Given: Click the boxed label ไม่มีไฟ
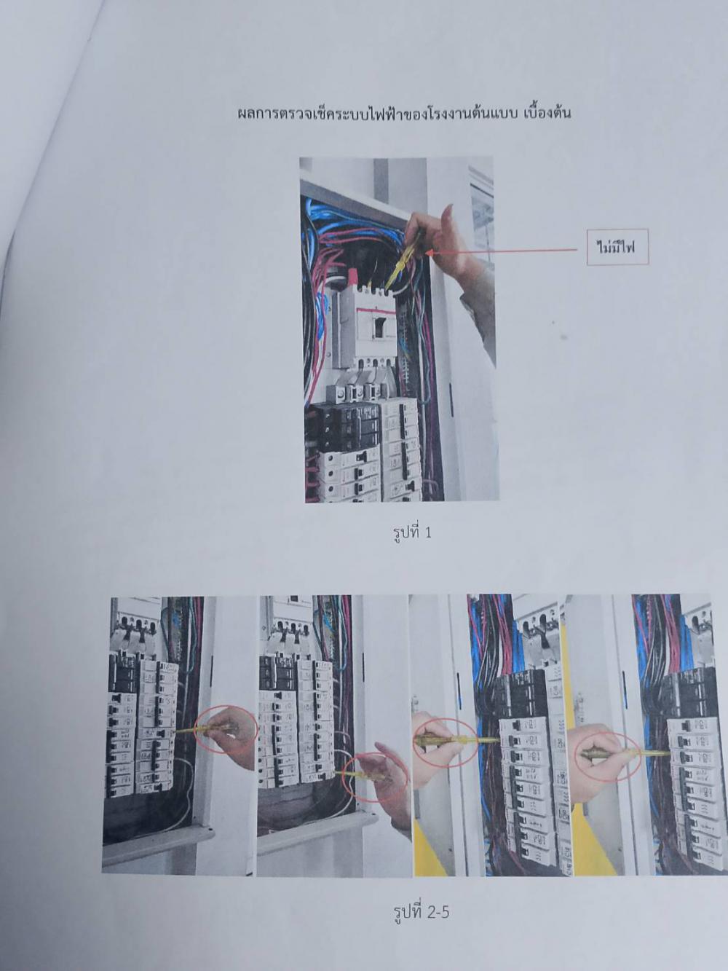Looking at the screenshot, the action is pyautogui.click(x=617, y=247).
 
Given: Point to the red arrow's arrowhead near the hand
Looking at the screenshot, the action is pyautogui.click(x=429, y=253).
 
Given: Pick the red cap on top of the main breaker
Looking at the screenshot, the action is pyautogui.click(x=353, y=277).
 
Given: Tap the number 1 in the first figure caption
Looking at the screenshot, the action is pyautogui.click(x=427, y=532).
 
